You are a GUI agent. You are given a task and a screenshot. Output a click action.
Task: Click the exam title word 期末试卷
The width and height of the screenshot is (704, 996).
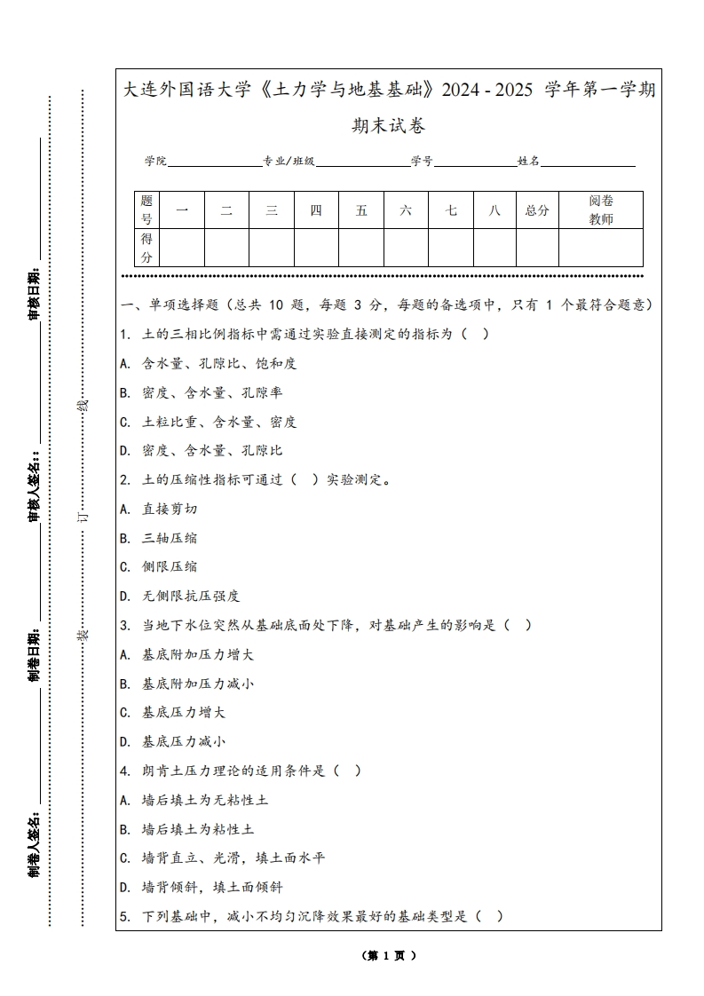click(388, 126)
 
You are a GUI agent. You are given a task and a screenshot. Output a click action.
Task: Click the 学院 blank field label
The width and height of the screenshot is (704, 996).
click(155, 162)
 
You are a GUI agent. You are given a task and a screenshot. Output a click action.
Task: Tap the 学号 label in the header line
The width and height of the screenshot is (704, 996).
click(422, 162)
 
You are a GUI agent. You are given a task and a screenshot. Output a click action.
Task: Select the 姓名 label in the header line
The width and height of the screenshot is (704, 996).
click(528, 162)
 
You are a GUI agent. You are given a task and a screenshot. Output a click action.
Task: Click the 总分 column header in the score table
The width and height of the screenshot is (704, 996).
click(537, 210)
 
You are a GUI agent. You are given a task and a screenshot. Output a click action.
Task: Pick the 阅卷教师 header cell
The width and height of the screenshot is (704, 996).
click(601, 210)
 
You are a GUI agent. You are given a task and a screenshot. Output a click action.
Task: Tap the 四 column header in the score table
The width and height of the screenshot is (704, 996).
click(316, 210)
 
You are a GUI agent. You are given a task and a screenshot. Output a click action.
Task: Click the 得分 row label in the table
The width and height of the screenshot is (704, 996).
click(146, 248)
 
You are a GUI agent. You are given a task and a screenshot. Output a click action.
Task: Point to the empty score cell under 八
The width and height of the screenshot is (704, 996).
click(494, 248)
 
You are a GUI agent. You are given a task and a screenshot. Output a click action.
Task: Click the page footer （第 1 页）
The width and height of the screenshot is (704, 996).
click(388, 956)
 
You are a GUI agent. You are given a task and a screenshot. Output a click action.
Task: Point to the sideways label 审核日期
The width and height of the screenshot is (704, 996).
click(35, 293)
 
